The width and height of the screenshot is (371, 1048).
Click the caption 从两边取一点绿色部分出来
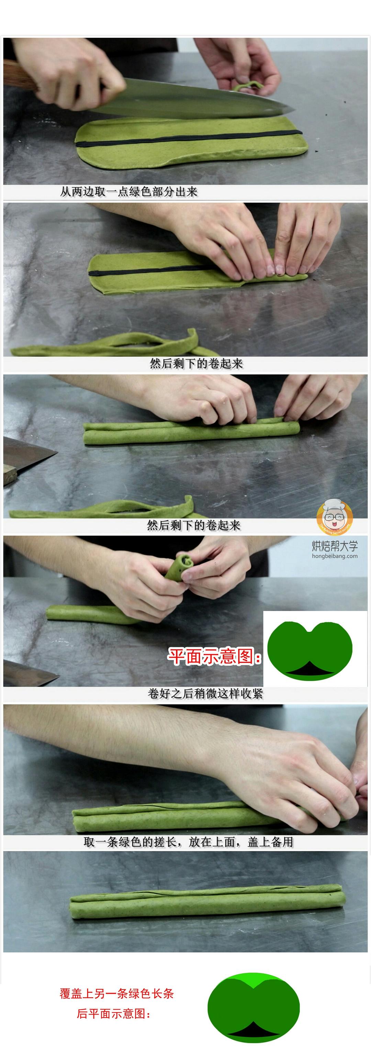pyautogui.click(x=129, y=192)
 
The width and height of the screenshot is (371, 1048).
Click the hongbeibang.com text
pyautogui.click(x=335, y=556)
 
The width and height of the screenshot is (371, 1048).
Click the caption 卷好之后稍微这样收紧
pyautogui.click(x=205, y=693)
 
